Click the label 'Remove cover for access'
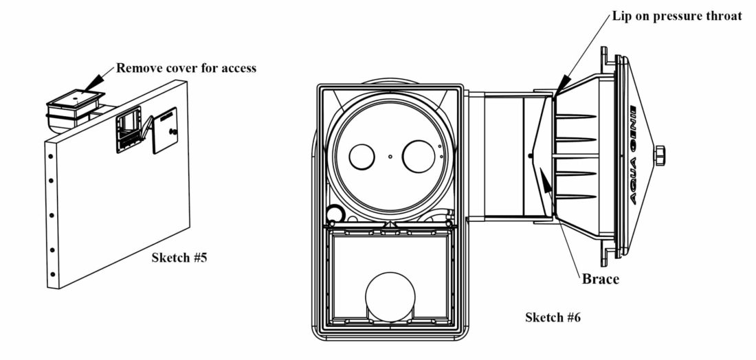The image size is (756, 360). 186,68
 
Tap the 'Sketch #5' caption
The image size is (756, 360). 179,258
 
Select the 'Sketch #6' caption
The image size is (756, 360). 553,317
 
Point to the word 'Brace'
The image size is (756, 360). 600,278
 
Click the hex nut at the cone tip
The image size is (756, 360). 659,156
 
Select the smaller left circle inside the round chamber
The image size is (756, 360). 362,157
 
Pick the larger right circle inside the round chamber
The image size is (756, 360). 419,156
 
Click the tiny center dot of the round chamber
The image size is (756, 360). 390,156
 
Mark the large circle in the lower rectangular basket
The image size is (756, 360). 390,297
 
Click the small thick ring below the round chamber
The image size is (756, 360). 333,214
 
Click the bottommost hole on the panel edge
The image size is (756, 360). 52,275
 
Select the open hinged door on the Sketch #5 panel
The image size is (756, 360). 166,130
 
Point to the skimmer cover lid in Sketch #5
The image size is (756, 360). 76,100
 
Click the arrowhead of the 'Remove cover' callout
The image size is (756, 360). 95,82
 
